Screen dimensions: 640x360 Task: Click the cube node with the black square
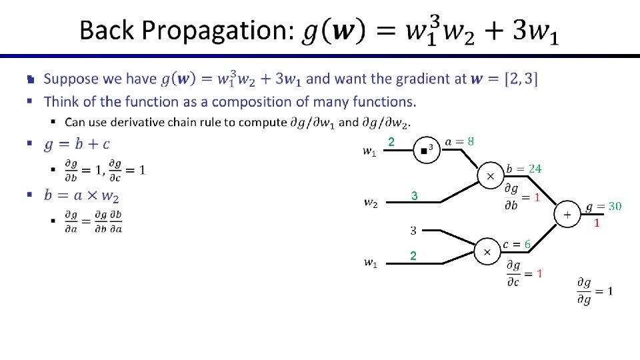click(x=425, y=150)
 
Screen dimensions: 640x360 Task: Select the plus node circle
click(x=567, y=215)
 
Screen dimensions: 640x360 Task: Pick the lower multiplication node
click(x=487, y=252)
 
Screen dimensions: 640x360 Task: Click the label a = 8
click(x=460, y=141)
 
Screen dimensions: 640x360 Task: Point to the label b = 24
click(x=523, y=168)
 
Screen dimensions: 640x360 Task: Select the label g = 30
click(x=603, y=207)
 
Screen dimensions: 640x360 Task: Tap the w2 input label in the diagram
click(x=370, y=202)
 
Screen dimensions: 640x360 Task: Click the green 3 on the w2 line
click(x=414, y=197)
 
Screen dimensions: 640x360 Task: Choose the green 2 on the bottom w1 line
click(x=413, y=256)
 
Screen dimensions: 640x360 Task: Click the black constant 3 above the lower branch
click(x=413, y=231)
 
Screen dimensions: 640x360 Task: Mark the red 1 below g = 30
click(x=597, y=223)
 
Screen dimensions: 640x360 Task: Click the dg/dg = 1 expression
click(x=595, y=291)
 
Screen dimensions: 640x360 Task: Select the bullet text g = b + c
click(x=77, y=144)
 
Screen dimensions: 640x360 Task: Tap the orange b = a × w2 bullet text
click(x=81, y=196)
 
